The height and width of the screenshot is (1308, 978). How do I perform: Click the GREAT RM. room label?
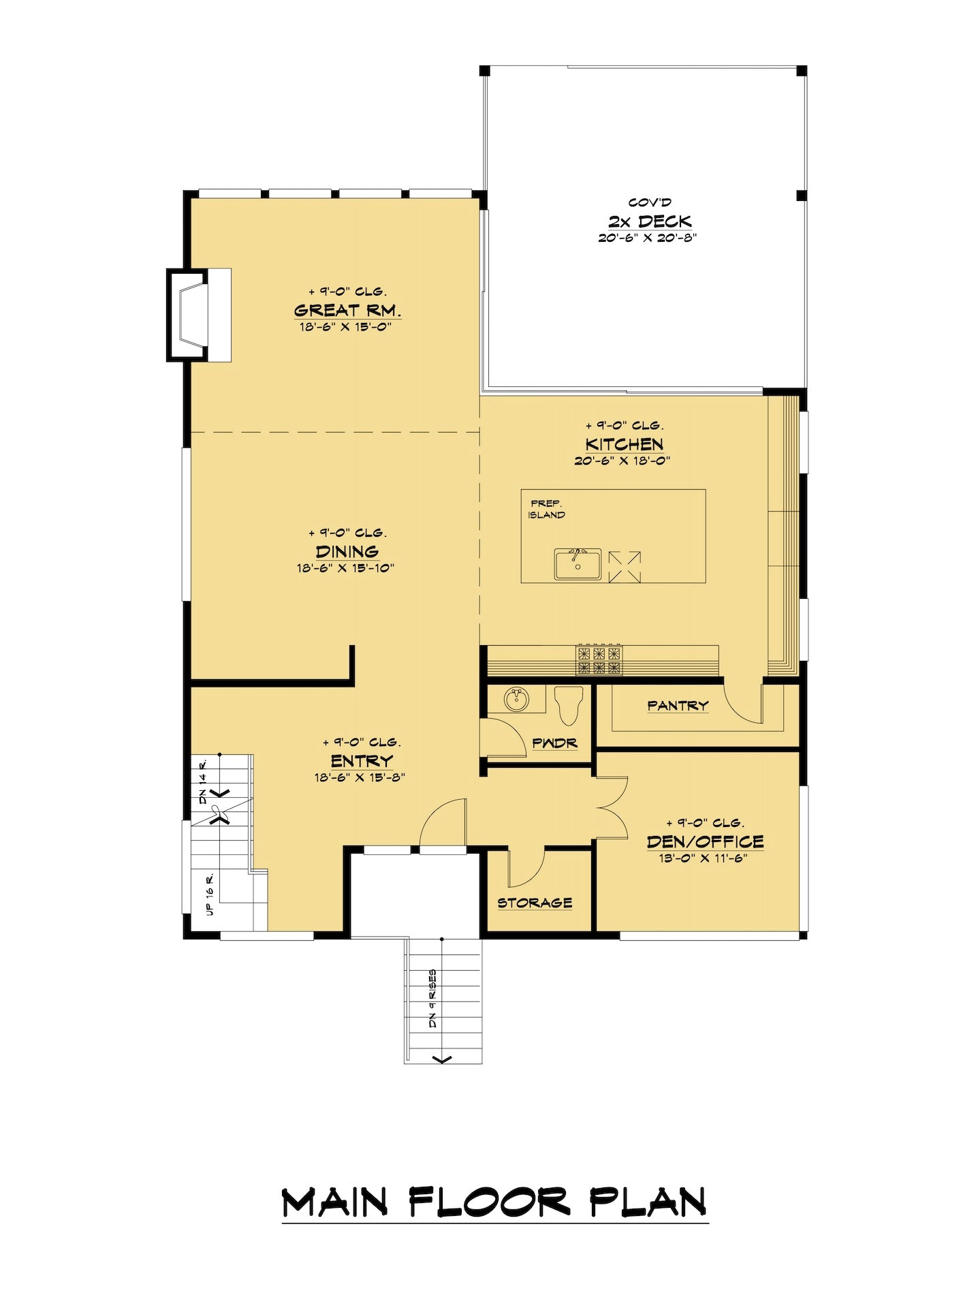pos(347,310)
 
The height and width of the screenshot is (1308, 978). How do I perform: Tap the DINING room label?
pos(347,551)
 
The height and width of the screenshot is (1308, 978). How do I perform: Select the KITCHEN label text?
pos(624,444)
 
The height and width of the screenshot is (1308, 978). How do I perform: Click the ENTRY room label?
pos(362,760)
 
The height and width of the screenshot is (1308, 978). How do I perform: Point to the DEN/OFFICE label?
pos(705,841)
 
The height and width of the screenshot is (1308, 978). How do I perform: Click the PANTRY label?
pos(678,706)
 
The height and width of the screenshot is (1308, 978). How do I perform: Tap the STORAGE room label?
pos(535,903)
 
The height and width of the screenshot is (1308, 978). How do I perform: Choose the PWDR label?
pos(555,743)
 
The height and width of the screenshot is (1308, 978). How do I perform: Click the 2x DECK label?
pos(650,221)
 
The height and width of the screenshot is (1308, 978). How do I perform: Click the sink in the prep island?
pos(578,565)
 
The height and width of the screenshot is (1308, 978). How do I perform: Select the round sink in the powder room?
pos(516,699)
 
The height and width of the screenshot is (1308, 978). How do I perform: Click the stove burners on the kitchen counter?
pos(600,659)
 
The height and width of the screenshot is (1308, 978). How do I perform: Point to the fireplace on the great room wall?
pos(199,314)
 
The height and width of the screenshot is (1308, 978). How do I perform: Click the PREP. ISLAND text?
pos(546,509)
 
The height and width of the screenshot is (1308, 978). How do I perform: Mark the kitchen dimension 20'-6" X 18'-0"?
pos(622,461)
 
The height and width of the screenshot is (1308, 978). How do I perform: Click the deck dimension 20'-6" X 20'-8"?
pos(648,238)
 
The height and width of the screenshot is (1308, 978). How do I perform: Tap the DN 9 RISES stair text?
pos(432,999)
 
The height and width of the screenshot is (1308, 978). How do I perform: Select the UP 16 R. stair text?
pos(210,893)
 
